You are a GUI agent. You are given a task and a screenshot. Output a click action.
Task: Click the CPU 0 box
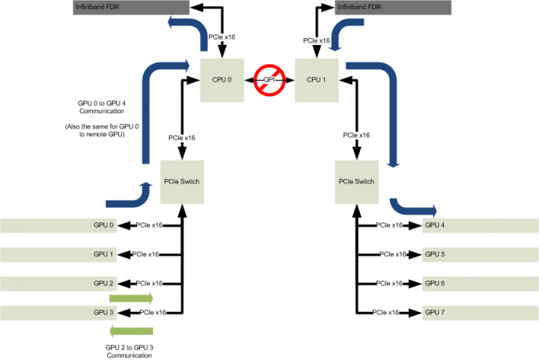223,79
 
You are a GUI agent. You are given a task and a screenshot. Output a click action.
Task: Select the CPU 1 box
317,79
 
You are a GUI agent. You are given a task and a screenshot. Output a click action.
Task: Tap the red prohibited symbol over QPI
270,79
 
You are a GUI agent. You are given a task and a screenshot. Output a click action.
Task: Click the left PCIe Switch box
182,182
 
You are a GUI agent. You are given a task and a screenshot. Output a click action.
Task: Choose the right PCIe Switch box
356,182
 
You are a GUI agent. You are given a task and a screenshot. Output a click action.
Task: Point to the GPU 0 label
104,225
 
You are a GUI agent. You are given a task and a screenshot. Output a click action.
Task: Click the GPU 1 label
104,254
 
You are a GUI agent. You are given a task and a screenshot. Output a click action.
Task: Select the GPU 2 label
104,284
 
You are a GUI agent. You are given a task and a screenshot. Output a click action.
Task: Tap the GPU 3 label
104,312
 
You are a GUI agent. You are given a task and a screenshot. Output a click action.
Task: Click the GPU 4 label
435,225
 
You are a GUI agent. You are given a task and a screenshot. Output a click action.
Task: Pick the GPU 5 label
435,254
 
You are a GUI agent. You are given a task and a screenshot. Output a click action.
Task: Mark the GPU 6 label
435,284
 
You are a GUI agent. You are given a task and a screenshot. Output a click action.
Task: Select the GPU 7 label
435,312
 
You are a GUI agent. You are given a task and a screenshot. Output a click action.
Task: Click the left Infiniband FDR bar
131,7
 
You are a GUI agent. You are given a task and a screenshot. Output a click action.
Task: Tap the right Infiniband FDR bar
409,7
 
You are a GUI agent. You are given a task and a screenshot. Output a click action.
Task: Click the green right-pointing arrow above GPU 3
132,298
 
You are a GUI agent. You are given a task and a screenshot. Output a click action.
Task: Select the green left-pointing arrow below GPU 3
132,331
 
